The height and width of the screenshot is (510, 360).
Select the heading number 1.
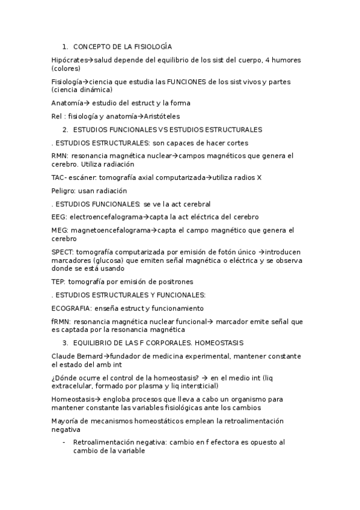65,46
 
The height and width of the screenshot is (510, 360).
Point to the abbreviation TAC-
60,177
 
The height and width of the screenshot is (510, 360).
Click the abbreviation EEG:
59,217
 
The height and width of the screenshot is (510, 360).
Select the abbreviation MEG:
60,230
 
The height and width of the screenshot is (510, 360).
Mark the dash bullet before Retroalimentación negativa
64,442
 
